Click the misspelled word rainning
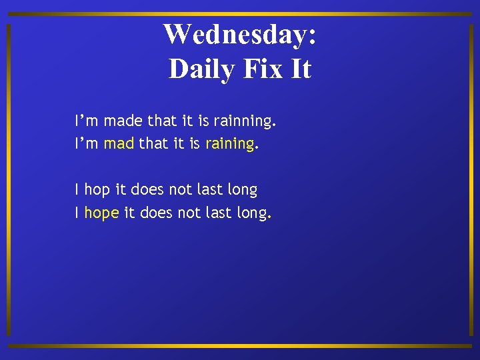tap(244, 121)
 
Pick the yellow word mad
tap(119, 143)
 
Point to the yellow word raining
tap(229, 143)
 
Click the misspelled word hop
tap(97, 190)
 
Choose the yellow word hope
tap(101, 213)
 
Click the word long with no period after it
tap(242, 190)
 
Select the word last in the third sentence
tap(209, 190)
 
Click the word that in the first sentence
tap(162, 121)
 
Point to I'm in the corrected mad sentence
tap(87, 143)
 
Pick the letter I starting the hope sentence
tap(77, 213)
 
